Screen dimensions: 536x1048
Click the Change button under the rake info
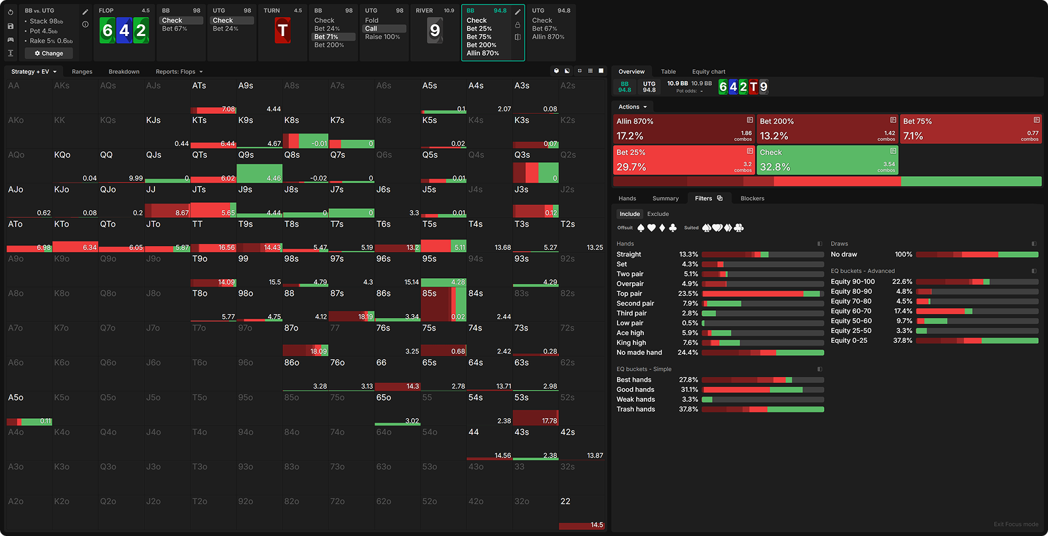[49, 53]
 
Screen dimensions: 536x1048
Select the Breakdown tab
[124, 71]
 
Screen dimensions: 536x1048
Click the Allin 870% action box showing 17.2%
[684, 129]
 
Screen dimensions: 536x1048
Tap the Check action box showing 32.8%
[827, 160]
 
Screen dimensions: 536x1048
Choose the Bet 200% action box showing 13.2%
[827, 129]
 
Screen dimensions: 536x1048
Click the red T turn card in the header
[282, 30]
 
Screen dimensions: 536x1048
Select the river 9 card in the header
[435, 30]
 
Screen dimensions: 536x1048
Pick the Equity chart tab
[708, 71]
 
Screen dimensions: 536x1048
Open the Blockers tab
[752, 198]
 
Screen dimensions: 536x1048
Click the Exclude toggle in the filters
[658, 214]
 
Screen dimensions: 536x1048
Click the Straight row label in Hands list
[629, 254]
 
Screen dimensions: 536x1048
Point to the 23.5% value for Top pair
[688, 294]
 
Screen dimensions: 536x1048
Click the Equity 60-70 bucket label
[851, 311]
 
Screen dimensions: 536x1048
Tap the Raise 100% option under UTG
[383, 37]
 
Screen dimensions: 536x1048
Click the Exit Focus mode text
[1015, 524]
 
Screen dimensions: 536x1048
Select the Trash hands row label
[635, 409]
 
